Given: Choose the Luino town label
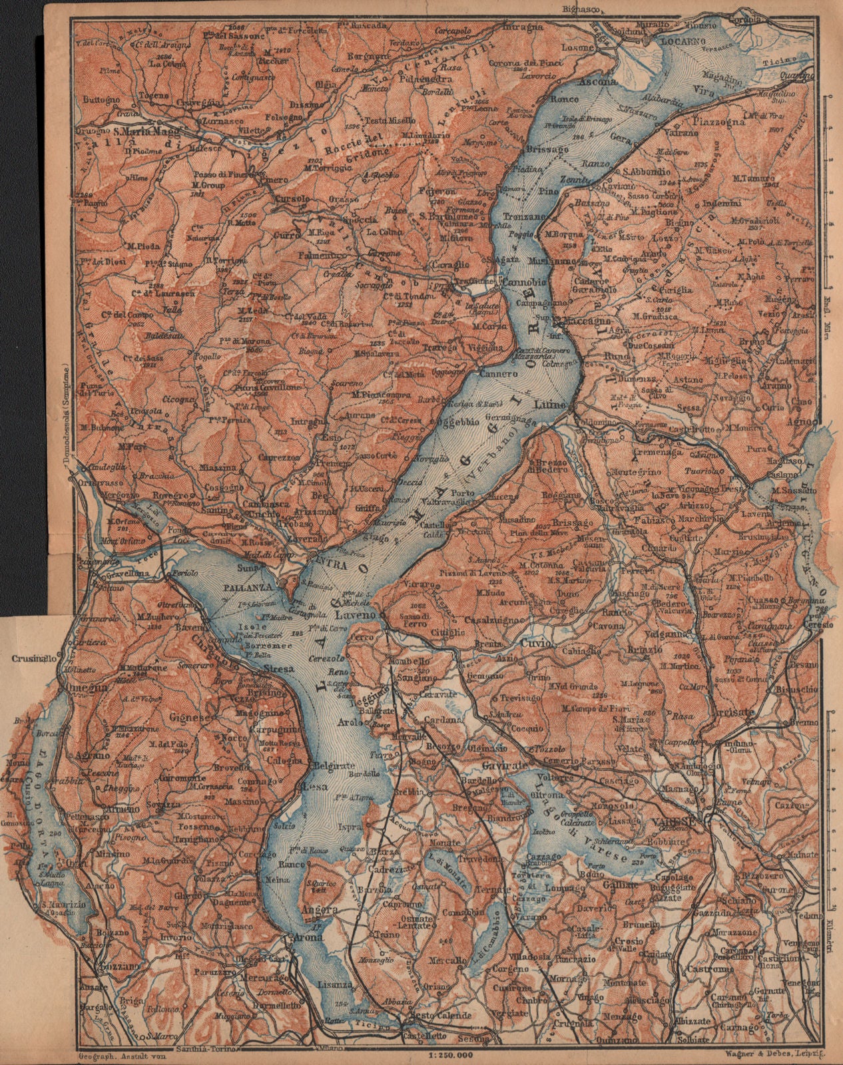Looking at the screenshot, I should point(552,404).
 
